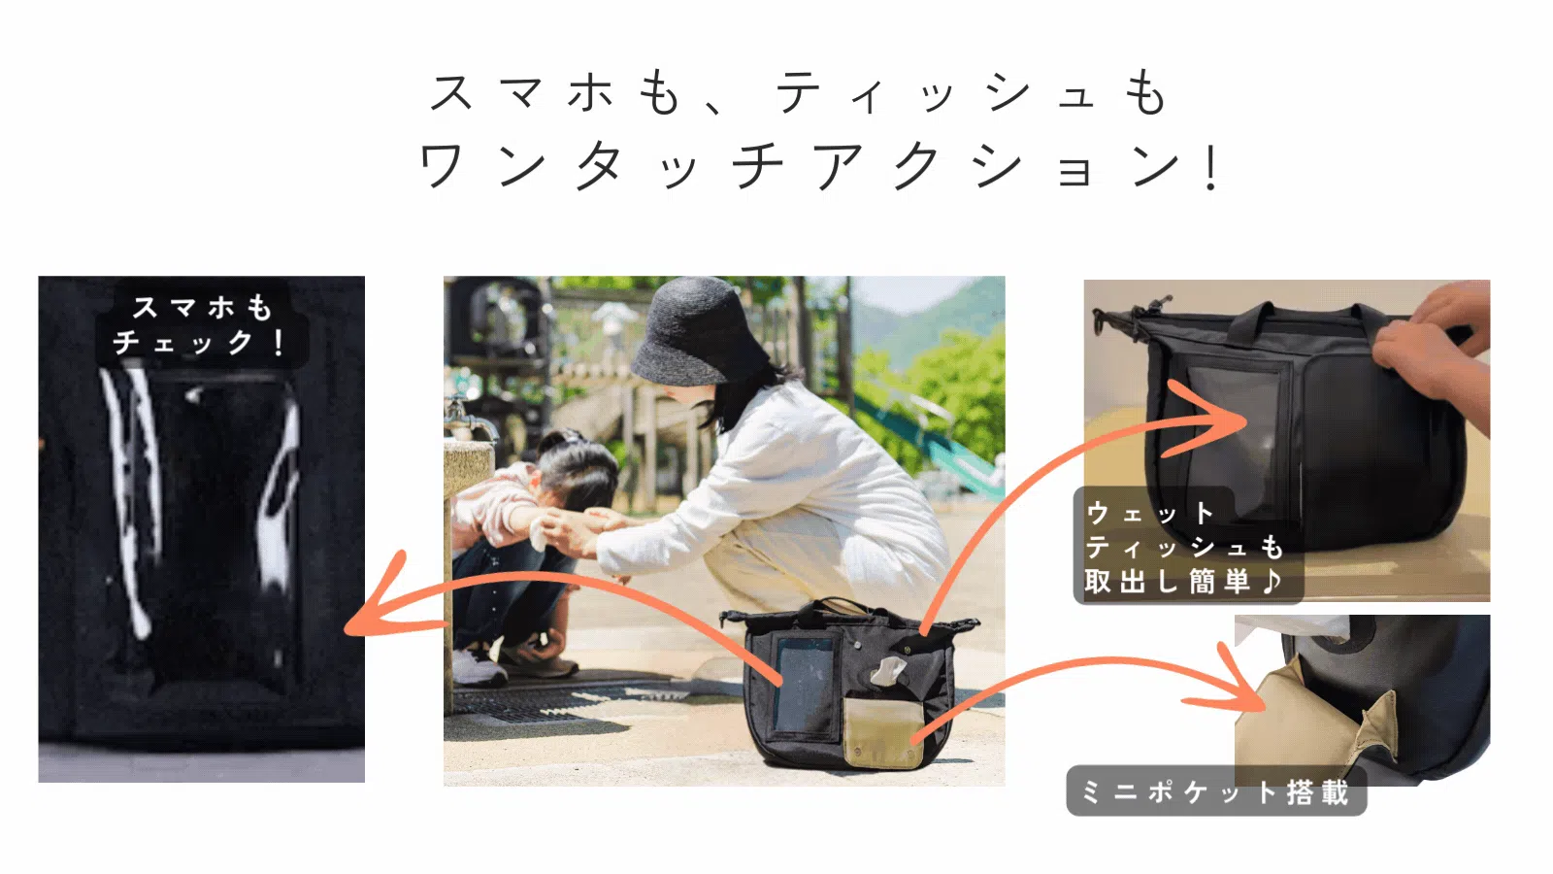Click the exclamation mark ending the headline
1211,166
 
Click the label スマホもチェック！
201,325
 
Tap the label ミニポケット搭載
1215,792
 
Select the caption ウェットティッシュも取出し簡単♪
1184,548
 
